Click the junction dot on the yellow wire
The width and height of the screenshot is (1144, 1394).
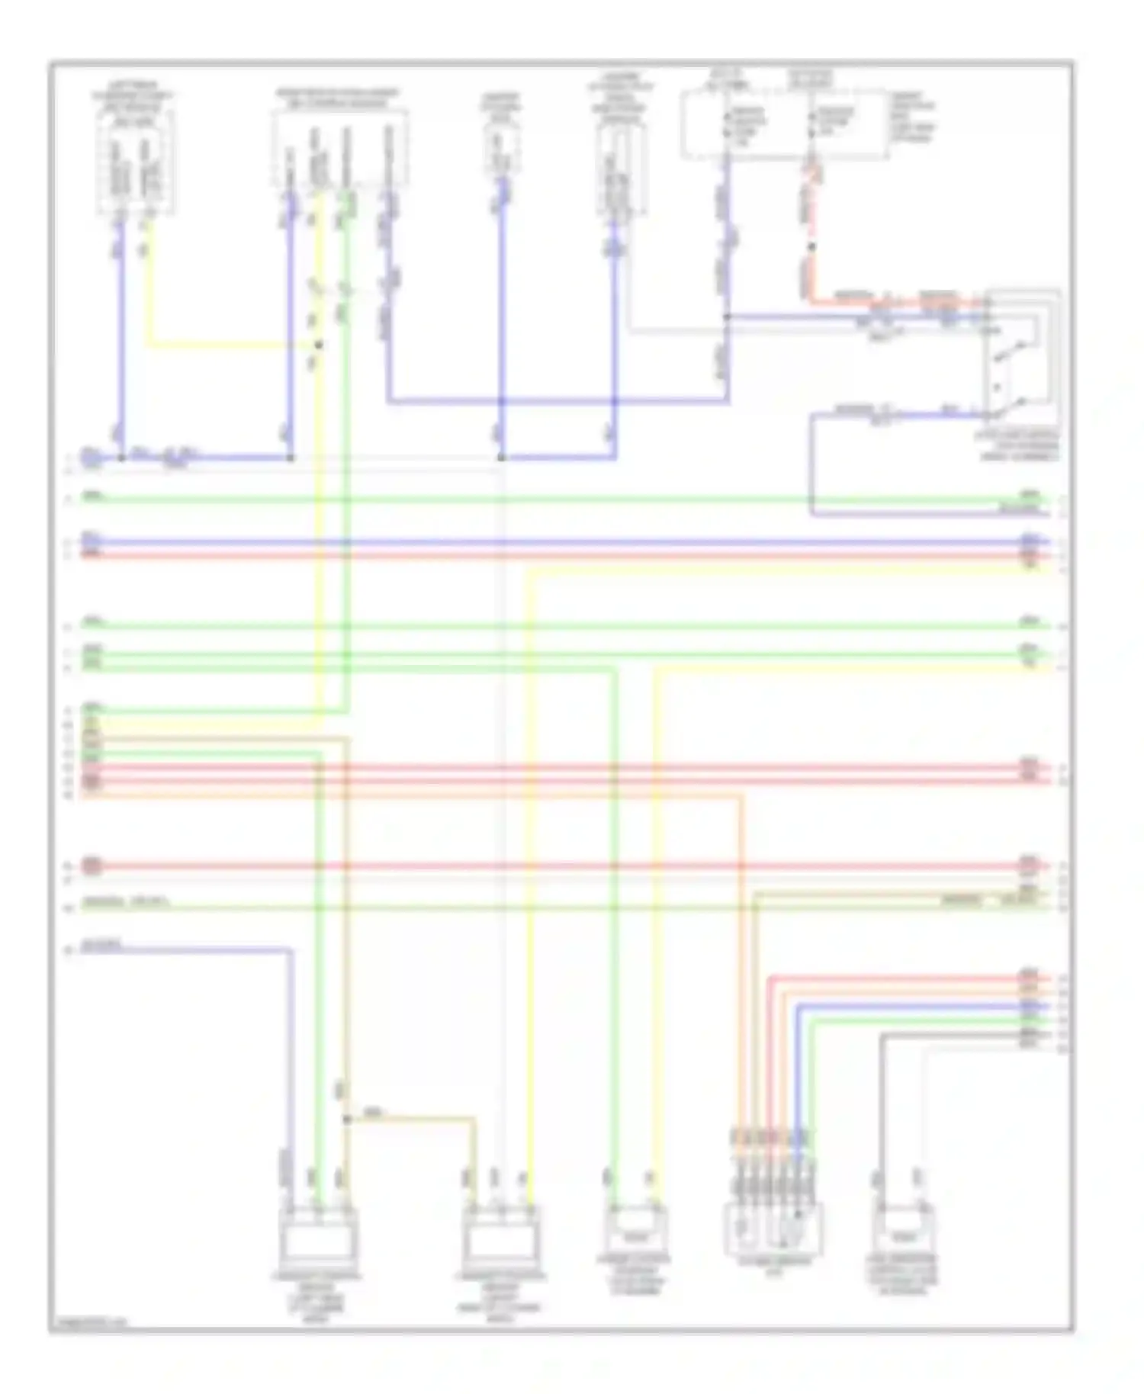tap(319, 345)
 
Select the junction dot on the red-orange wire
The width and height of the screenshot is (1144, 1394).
tap(811, 246)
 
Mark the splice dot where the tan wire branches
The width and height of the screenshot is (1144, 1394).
tap(346, 1119)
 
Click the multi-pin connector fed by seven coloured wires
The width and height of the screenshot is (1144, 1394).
tap(773, 1228)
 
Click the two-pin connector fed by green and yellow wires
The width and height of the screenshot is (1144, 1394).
tap(635, 1228)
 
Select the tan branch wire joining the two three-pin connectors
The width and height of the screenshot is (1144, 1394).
tap(412, 1119)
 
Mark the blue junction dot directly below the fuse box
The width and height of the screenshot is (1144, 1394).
tap(727, 316)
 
